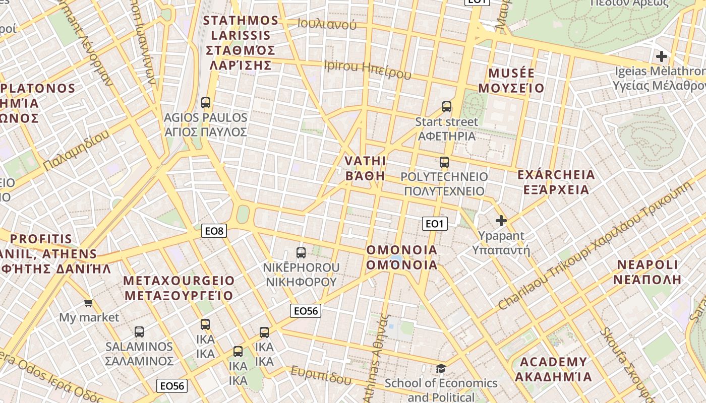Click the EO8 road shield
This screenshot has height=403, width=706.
point(214,231)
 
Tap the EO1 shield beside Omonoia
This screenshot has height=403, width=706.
point(435,224)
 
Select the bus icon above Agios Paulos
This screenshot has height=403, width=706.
point(206,103)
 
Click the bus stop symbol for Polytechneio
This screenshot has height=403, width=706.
point(444,162)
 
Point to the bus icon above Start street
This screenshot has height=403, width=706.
point(447,106)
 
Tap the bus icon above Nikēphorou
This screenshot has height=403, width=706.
point(301,252)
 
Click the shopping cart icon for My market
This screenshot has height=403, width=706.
point(89,303)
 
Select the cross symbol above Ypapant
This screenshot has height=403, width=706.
point(501,220)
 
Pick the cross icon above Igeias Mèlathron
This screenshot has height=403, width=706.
point(662,56)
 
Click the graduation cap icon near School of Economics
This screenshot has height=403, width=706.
point(441,368)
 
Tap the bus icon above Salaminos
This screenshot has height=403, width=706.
point(139,332)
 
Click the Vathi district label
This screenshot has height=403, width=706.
point(365,168)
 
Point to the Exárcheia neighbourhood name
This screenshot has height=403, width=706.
point(556,182)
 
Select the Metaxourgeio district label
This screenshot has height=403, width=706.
point(179,288)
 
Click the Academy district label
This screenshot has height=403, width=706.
point(553,369)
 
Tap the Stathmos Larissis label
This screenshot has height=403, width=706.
point(241,43)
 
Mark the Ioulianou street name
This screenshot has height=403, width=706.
point(327,24)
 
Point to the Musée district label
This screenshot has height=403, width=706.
point(511,81)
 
